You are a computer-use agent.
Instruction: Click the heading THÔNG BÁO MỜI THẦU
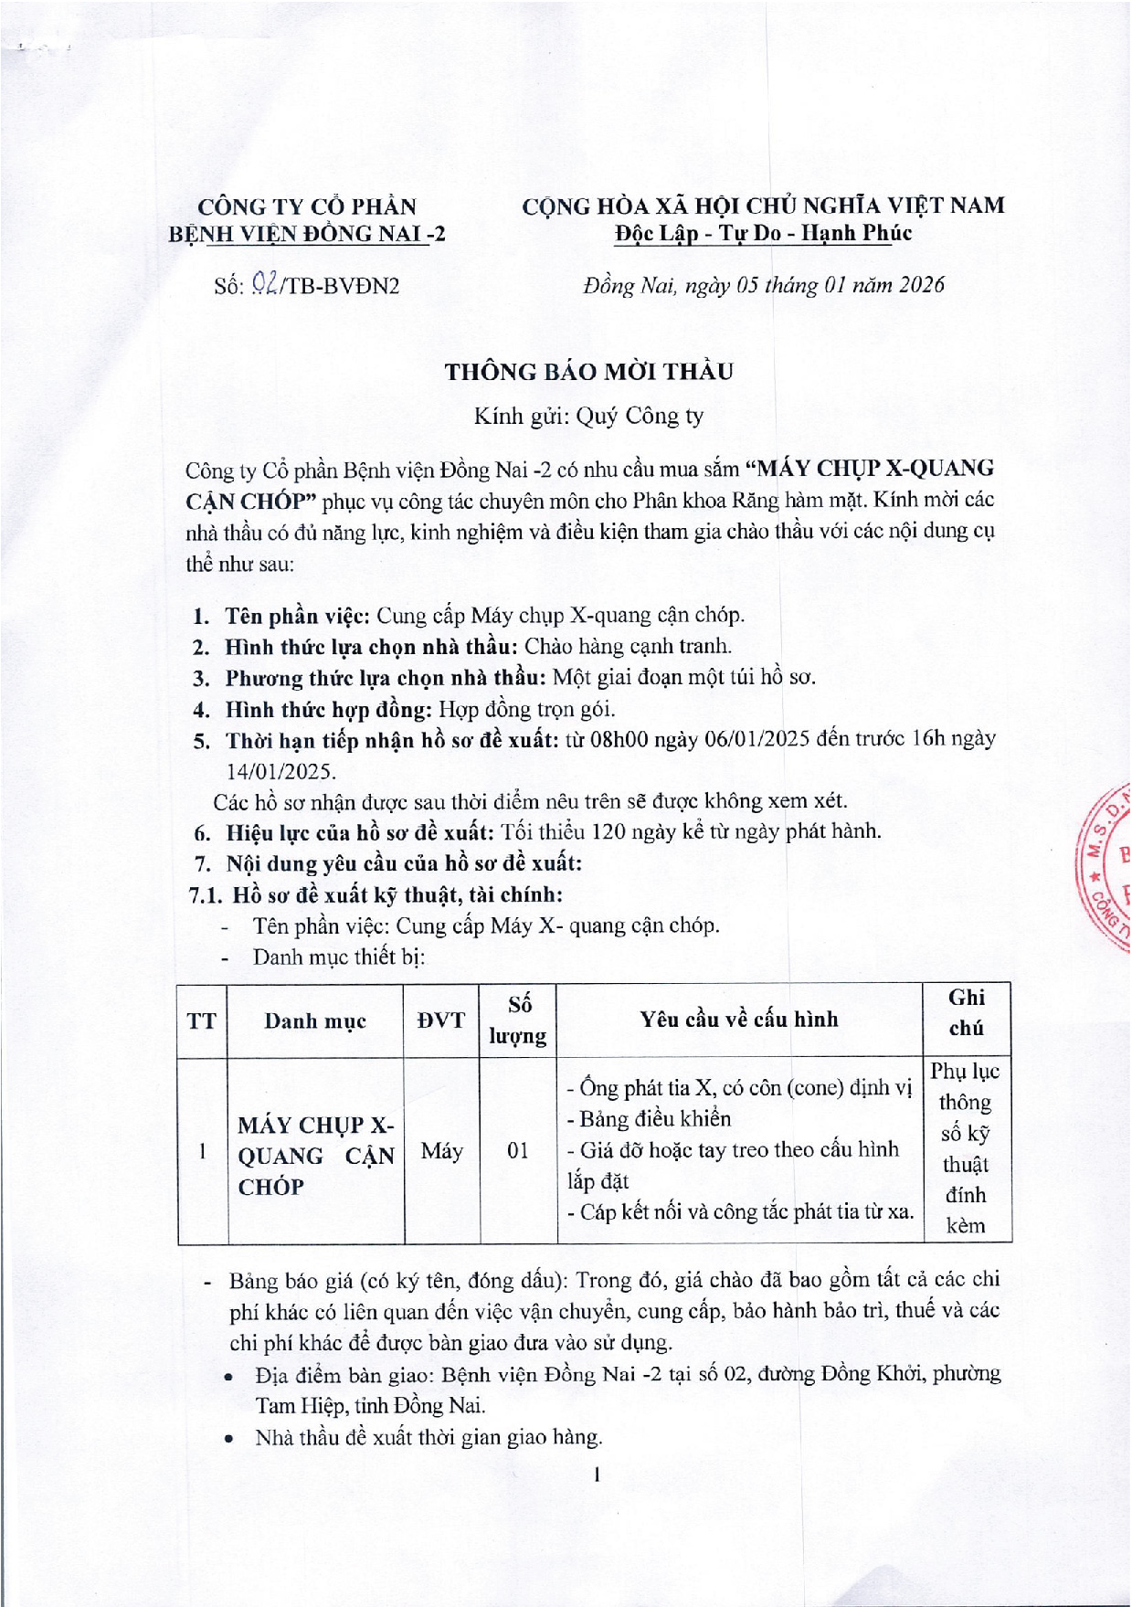[588, 372]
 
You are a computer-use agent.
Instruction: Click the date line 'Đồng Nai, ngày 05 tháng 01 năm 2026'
[763, 285]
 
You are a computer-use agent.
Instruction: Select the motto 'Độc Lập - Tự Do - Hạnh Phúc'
[763, 233]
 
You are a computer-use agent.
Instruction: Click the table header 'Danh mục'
[315, 1020]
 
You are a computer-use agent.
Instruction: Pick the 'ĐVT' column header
[441, 1020]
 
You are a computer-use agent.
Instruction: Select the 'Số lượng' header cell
[518, 1020]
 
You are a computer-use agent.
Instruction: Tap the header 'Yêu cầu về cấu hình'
[738, 1020]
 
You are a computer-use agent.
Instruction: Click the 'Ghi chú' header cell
[966, 1012]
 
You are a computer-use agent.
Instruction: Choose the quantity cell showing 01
[518, 1150]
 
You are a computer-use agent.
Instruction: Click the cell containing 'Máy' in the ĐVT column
[441, 1150]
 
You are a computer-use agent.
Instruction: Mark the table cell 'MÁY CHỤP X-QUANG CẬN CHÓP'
[315, 1156]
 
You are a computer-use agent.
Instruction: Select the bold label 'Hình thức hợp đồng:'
[329, 709]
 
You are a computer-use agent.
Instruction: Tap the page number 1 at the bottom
[596, 1474]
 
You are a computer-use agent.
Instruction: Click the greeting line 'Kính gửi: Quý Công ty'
[588, 417]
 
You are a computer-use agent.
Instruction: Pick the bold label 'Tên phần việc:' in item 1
[297, 615]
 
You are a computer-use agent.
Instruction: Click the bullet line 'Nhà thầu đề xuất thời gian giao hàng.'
[428, 1437]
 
